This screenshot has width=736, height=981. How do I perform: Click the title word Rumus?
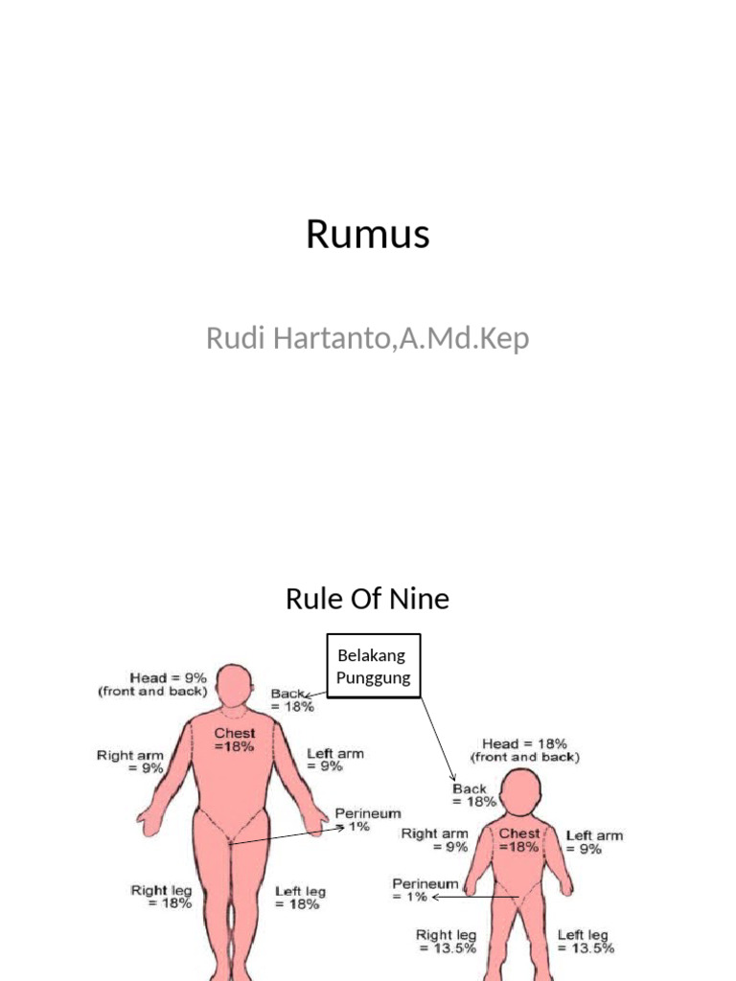(x=368, y=235)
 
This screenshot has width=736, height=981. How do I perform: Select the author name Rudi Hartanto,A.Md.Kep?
(x=368, y=338)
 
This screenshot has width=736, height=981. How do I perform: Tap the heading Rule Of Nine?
(x=368, y=600)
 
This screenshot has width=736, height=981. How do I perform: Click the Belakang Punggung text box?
(x=373, y=666)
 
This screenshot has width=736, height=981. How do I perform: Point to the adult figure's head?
(x=233, y=685)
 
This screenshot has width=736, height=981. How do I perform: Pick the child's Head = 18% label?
(x=524, y=749)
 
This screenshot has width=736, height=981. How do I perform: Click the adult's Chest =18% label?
(x=234, y=740)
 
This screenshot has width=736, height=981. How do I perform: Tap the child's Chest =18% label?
(x=518, y=840)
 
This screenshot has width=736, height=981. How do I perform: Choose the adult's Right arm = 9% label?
(x=129, y=762)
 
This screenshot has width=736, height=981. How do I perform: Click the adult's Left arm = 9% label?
(x=335, y=760)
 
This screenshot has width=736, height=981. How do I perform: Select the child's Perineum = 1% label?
(x=425, y=889)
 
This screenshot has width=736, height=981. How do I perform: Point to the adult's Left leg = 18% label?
(x=300, y=898)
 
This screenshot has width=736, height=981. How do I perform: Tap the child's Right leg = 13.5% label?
(x=447, y=941)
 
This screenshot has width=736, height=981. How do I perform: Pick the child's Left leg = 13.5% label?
(x=585, y=941)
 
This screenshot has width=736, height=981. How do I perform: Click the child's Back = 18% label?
(x=474, y=795)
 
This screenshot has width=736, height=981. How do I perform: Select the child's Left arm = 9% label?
(x=593, y=842)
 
